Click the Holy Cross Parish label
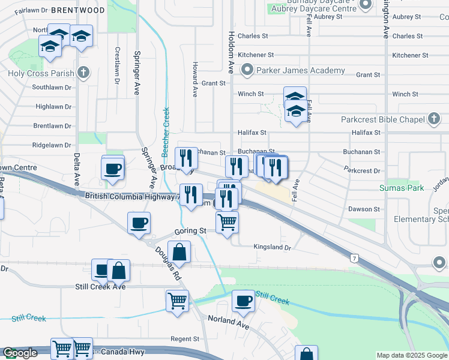41,74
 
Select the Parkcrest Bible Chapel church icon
434,119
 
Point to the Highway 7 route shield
355,257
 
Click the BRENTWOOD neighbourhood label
79,10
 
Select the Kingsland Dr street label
272,247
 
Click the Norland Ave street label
228,322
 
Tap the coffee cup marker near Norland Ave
243,301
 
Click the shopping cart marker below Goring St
227,223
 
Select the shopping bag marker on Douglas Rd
179,251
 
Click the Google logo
20,353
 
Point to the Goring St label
190,230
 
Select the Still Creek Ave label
100,287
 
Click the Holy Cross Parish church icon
83,73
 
